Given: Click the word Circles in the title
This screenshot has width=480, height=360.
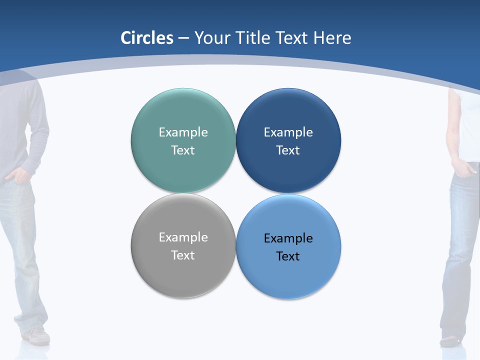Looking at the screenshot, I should [147, 38].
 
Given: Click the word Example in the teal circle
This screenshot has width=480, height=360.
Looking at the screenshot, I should [183, 132].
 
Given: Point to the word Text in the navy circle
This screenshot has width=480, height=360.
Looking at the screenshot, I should [288, 150].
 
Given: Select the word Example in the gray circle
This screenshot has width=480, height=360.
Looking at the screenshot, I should [183, 237].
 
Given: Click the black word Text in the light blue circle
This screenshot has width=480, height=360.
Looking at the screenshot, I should [288, 256].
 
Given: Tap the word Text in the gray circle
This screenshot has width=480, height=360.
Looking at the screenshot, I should [183, 255].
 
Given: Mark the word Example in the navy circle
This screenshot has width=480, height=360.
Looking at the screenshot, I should [288, 132].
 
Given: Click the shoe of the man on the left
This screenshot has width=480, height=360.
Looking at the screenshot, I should [37, 336].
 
